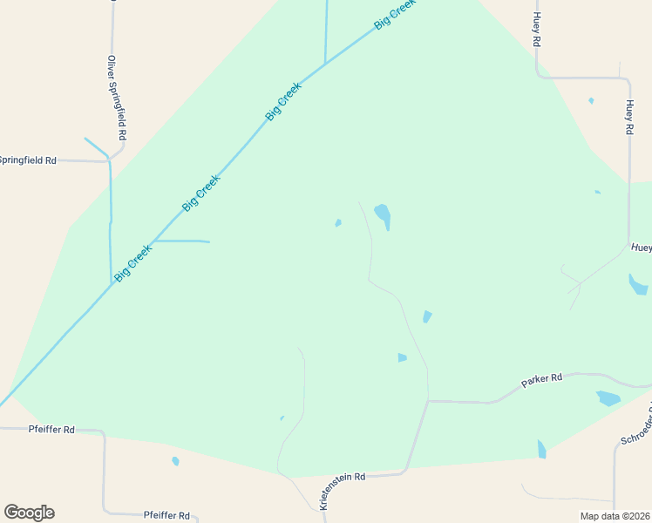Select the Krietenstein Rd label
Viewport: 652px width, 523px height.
pyautogui.click(x=342, y=491)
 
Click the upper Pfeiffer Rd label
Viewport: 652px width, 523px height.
pyautogui.click(x=51, y=429)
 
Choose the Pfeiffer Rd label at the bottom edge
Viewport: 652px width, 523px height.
pyautogui.click(x=166, y=515)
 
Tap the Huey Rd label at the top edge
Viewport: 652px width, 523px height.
pyautogui.click(x=537, y=30)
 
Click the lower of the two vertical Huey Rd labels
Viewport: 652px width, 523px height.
pyautogui.click(x=628, y=117)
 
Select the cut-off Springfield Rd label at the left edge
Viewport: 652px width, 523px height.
pyautogui.click(x=27, y=160)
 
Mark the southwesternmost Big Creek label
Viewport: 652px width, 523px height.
pyautogui.click(x=132, y=261)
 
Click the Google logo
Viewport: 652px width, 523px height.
pyautogui.click(x=29, y=513)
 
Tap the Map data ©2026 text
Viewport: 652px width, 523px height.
pyautogui.click(x=615, y=516)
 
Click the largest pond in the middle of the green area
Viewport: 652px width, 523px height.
pyautogui.click(x=383, y=214)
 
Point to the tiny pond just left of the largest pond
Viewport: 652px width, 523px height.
pyautogui.click(x=338, y=222)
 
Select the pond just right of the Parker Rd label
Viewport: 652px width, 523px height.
pyautogui.click(x=608, y=398)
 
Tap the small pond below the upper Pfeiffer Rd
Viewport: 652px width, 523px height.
pyautogui.click(x=175, y=461)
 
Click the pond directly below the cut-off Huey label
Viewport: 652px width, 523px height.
pyautogui.click(x=637, y=284)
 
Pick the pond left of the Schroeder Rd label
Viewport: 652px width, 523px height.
pyautogui.click(x=541, y=449)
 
